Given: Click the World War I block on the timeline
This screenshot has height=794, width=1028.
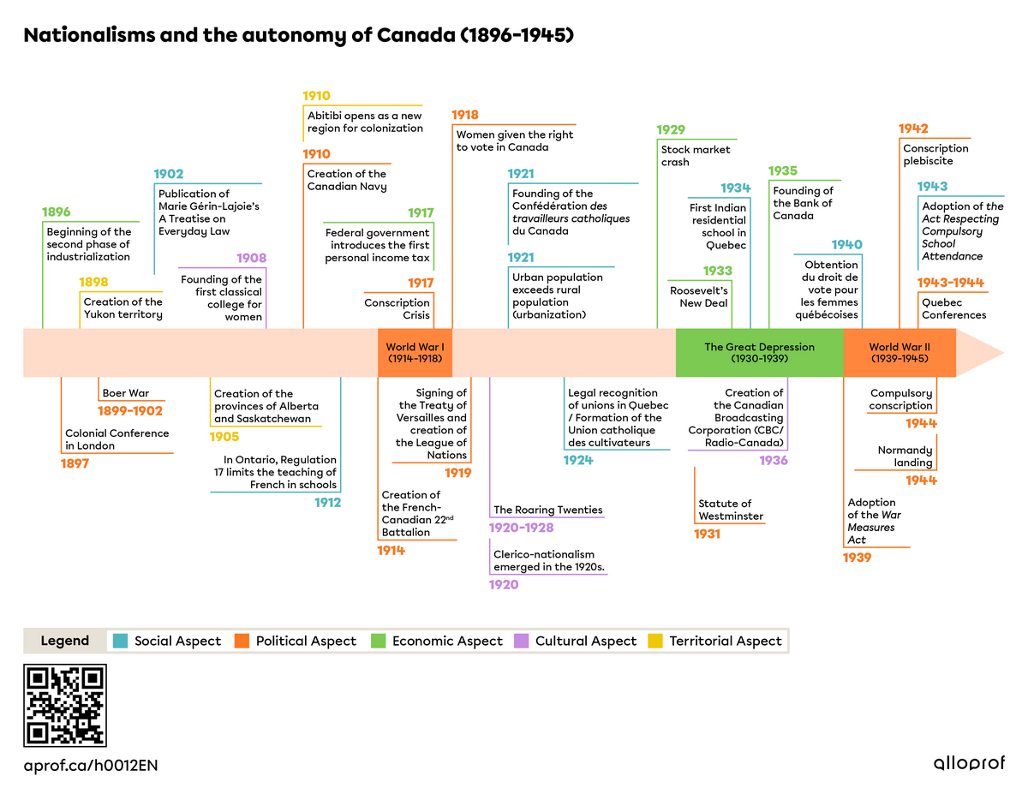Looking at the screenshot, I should [x=415, y=353].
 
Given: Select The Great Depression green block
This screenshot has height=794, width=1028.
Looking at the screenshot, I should [x=759, y=353].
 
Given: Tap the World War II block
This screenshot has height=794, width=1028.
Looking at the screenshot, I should [x=899, y=353].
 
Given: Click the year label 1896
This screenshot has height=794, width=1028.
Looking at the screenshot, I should [x=57, y=212].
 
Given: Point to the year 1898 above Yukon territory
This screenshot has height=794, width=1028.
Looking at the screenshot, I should [x=94, y=283].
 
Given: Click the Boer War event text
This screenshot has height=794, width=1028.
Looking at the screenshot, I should [x=126, y=393].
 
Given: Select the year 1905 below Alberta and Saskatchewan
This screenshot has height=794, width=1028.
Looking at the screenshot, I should [x=225, y=437].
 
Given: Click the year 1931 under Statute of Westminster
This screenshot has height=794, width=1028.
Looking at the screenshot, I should [x=708, y=534].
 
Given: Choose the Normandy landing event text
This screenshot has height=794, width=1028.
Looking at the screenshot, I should [x=905, y=457].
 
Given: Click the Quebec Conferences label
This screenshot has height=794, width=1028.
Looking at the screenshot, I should [x=953, y=308].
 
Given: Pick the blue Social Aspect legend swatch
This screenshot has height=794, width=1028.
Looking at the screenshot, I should [x=120, y=641].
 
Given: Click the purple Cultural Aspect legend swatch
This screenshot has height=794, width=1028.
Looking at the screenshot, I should [x=521, y=641].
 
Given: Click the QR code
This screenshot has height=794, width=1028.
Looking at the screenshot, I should [x=65, y=705].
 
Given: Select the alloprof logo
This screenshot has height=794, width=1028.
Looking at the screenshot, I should [x=969, y=763].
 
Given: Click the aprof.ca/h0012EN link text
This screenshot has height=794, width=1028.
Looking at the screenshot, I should [x=91, y=765].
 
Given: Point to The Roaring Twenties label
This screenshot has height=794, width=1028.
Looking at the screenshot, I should [x=547, y=510].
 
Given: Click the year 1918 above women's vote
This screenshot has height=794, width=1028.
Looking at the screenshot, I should [x=465, y=115].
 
